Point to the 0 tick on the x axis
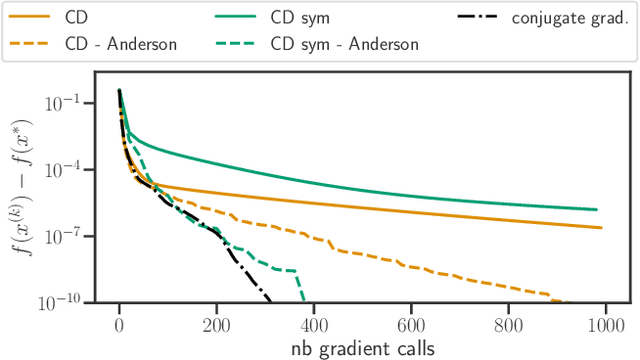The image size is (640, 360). tap(119, 324)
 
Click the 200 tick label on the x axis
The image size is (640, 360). tap(216, 324)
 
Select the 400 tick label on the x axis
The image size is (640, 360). tap(314, 324)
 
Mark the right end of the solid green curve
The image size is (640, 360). tap(597, 210)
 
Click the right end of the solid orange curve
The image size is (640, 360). tap(601, 228)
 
